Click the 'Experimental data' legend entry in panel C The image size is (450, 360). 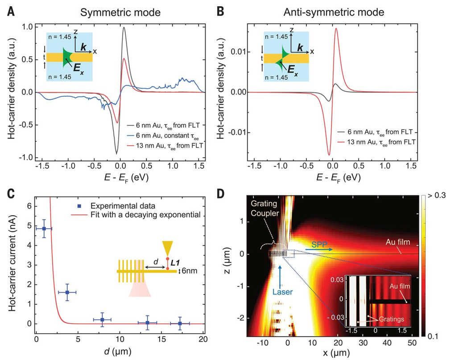120,206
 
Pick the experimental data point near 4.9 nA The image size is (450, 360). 44,229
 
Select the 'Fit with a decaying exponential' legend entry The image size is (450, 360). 136,216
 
